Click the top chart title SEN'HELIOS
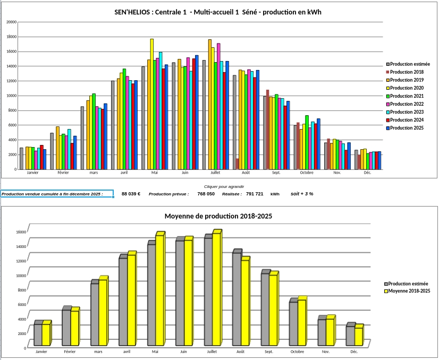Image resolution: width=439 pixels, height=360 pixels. point(218,12)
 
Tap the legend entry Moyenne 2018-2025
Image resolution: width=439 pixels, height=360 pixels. point(409,291)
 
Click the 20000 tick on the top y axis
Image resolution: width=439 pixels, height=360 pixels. point(11,22)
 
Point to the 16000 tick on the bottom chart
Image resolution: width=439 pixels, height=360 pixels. point(21,232)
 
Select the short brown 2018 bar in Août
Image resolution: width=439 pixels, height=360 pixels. point(237,164)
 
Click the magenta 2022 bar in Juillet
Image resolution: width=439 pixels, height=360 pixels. point(218,106)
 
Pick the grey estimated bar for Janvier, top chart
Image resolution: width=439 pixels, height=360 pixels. point(21,158)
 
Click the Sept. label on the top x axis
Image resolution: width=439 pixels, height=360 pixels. point(276,173)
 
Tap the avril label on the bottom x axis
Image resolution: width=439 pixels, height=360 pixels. point(126,352)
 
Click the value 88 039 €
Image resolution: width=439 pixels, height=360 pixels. point(131,194)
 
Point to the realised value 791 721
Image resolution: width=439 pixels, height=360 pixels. point(255,194)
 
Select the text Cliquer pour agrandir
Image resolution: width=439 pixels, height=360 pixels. point(219,186)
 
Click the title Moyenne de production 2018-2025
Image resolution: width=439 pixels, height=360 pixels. point(219,216)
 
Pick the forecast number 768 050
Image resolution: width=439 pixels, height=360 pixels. point(206,194)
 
